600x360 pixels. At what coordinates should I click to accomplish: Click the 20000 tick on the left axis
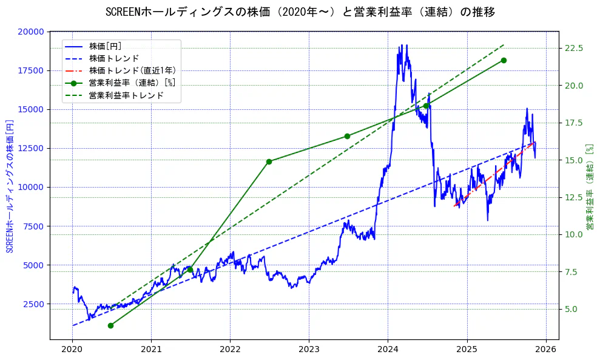click(31, 32)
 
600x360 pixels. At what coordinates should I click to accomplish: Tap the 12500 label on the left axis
click(31, 148)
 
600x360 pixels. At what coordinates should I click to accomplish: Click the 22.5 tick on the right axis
click(574, 48)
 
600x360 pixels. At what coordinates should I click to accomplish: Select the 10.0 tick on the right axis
click(574, 234)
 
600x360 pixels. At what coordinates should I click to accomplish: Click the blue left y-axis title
click(9, 186)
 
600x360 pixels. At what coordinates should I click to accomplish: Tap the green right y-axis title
click(590, 186)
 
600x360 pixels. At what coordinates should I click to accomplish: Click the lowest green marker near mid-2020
click(110, 325)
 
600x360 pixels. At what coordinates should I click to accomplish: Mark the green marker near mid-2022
click(269, 161)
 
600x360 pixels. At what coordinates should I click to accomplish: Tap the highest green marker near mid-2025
click(504, 60)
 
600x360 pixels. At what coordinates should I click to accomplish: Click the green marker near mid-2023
click(347, 136)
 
